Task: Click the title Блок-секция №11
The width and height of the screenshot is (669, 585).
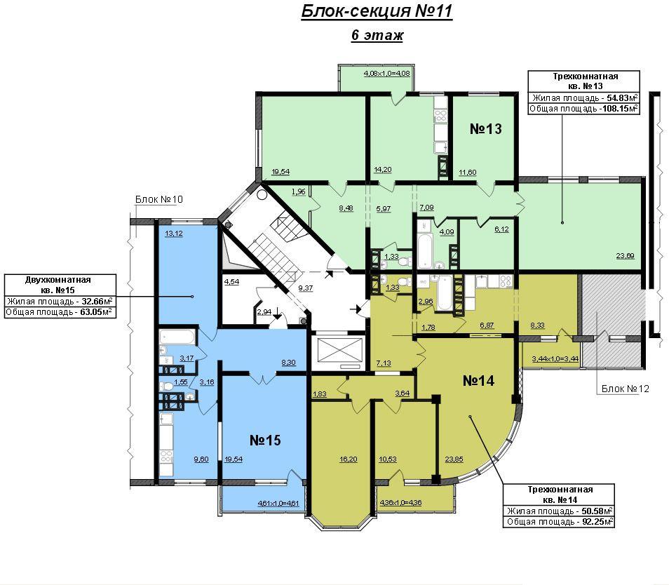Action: click(377, 11)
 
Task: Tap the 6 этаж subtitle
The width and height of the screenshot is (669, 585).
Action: click(377, 35)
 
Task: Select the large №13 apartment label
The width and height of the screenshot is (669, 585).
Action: click(485, 129)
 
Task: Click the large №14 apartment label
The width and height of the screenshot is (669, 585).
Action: click(478, 381)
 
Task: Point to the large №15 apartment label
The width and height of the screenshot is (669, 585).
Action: click(265, 440)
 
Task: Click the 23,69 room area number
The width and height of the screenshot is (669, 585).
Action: click(625, 256)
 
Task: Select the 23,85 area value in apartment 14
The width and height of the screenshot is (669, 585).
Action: click(454, 459)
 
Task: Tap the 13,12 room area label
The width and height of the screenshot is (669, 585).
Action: click(174, 234)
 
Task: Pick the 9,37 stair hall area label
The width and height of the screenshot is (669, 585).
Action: click(306, 288)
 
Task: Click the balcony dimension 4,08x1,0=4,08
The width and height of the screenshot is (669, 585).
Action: click(386, 74)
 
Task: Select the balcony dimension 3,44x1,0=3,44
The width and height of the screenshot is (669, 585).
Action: click(555, 359)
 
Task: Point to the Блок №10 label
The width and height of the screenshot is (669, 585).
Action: click(158, 199)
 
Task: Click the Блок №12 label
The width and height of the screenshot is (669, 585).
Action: click(625, 389)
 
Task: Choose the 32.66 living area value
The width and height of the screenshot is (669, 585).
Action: click(93, 302)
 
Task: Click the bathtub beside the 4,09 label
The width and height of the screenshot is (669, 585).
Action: click(426, 250)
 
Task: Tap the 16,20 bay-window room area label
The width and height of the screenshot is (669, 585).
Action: click(348, 459)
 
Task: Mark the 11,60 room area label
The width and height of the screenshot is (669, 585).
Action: click(468, 173)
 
